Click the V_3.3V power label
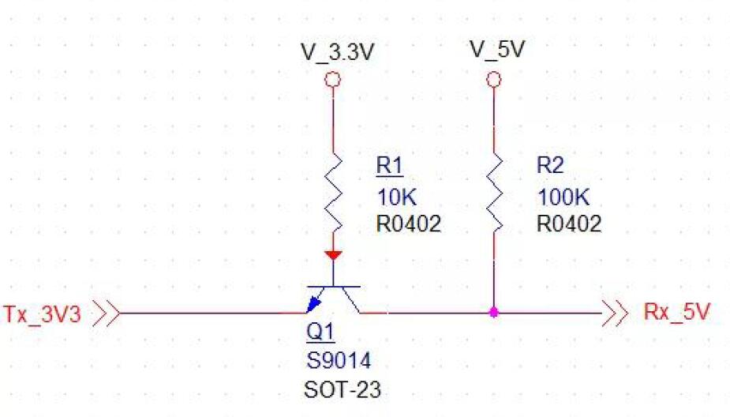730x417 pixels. point(337,52)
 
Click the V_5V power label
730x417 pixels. point(497,49)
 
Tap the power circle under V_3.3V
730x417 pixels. point(333,80)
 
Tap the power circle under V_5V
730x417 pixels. point(494,80)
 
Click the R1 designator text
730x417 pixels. point(389,167)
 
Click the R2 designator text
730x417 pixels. point(551,167)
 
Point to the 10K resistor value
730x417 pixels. point(395,196)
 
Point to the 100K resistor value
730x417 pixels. point(561,196)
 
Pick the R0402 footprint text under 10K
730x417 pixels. point(408,224)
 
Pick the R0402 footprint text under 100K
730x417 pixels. point(569,224)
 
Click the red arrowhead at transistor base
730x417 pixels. point(333,255)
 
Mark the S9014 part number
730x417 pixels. point(338,361)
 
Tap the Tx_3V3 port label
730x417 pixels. point(42,314)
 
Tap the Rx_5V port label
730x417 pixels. point(676,312)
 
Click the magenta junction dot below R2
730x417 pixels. point(494,313)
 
